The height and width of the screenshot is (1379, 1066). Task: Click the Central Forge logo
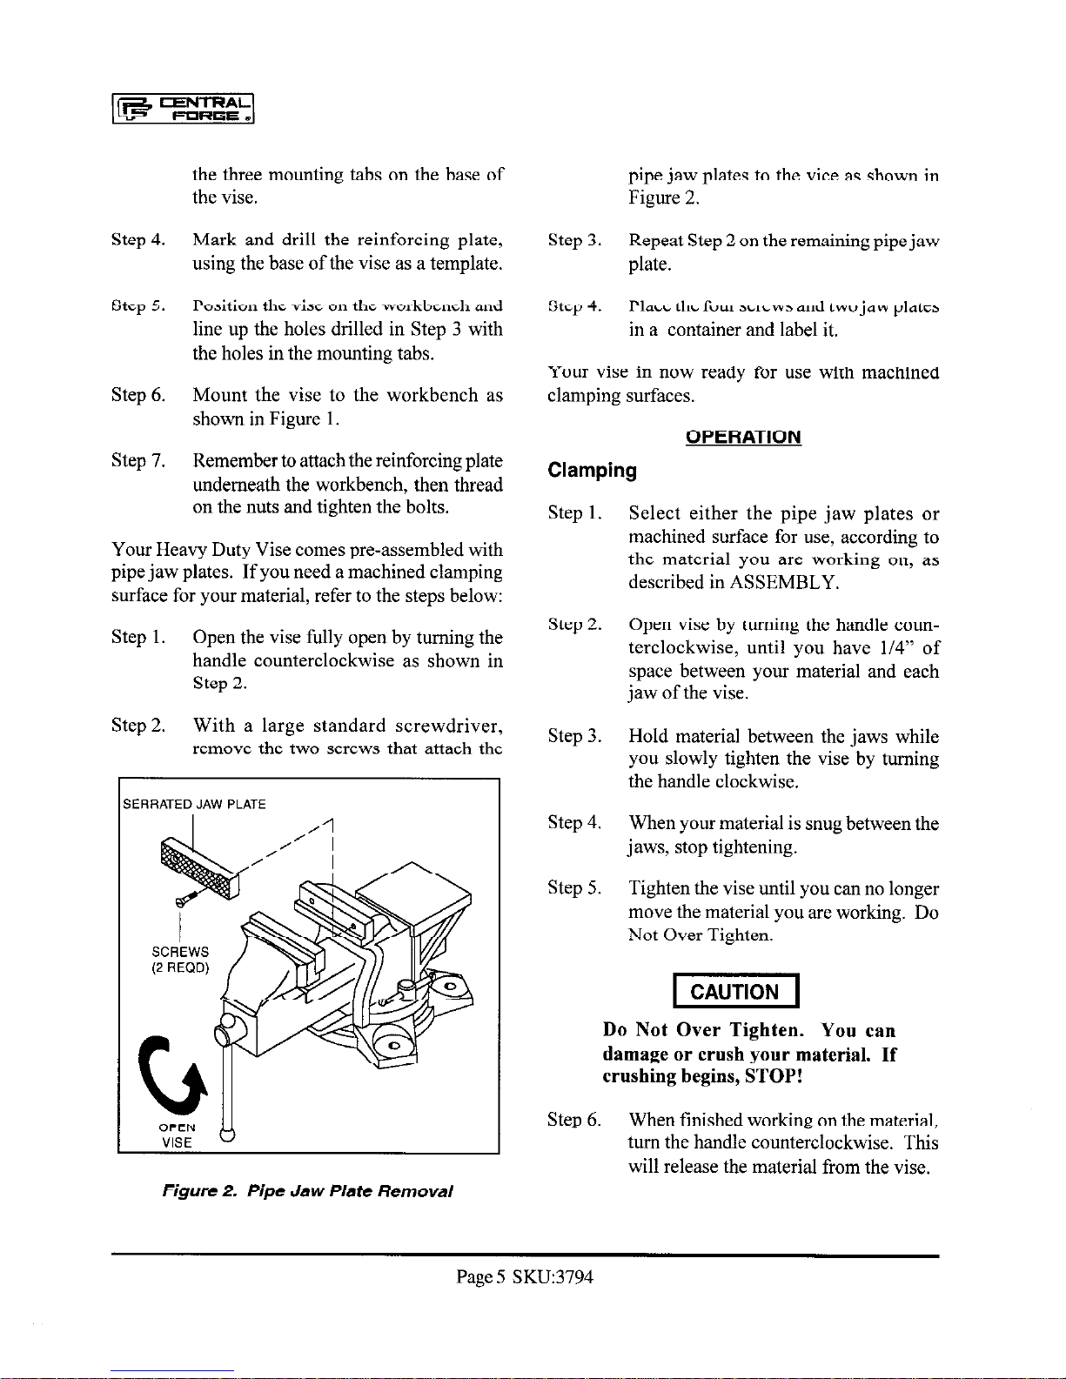183,113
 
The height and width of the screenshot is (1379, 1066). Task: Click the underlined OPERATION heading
742,437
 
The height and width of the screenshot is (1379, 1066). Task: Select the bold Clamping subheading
592,471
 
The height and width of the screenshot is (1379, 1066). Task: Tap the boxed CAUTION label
735,992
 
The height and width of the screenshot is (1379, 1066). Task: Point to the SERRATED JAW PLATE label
194,804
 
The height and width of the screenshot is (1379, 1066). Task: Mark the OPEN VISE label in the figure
177,1135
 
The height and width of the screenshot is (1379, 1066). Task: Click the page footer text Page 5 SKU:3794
525,1277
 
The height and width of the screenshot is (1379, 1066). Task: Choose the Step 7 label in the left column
137,460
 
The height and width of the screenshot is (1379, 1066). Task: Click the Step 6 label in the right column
574,1120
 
